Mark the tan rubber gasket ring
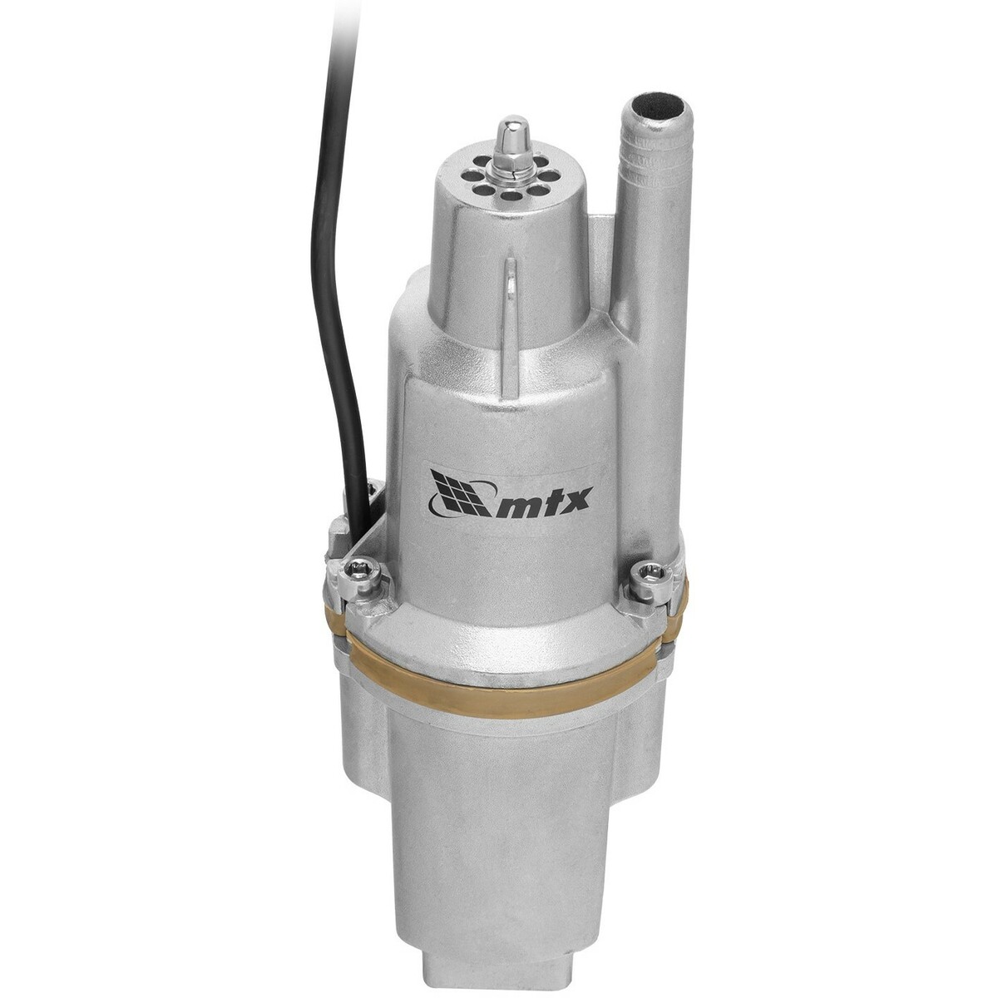499,657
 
